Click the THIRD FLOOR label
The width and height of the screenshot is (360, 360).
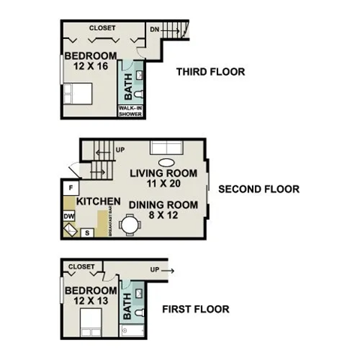pos(211,73)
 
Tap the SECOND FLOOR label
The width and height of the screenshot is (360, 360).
pos(258,189)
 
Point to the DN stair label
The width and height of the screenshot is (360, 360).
pos(154,28)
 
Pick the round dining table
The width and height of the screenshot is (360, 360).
pos(131,223)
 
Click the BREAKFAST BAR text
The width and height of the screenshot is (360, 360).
pos(110,223)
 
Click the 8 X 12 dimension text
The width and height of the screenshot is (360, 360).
pos(163,217)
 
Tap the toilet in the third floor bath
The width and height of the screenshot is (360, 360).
pos(139,97)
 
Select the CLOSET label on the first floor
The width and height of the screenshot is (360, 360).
pos(81,266)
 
